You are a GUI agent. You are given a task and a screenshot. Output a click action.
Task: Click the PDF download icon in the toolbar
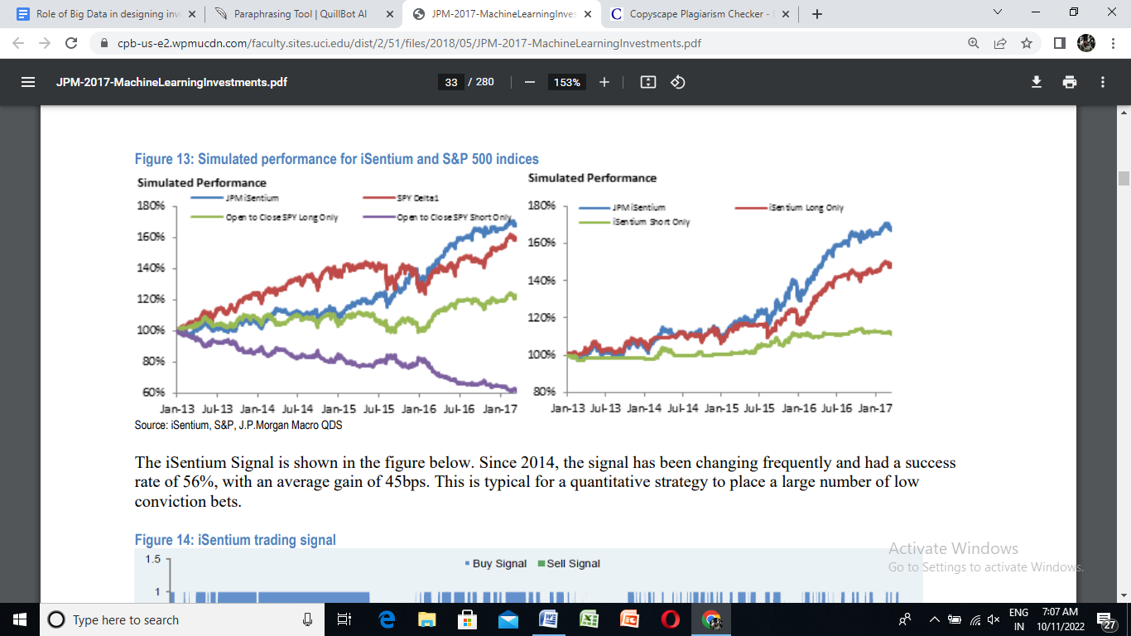pos(1036,82)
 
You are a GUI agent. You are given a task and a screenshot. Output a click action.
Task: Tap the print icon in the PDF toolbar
pos(1070,82)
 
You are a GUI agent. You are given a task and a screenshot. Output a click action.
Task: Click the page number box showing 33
pos(450,82)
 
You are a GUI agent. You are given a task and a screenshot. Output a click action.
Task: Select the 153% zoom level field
pos(567,82)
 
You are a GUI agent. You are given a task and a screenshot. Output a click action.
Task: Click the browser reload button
pos(71,43)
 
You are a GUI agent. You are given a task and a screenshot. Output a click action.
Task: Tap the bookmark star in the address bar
pos(1027,43)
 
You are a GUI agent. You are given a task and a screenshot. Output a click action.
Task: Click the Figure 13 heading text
pos(336,159)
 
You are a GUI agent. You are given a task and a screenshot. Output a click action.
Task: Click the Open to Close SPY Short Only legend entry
pos(453,217)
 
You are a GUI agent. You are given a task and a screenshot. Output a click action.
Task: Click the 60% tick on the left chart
pos(152,393)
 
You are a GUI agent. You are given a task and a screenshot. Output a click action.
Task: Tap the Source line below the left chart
pos(238,425)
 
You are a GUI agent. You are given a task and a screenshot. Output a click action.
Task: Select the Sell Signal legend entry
pos(573,564)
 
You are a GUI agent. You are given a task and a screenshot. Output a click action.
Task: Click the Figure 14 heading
pos(235,540)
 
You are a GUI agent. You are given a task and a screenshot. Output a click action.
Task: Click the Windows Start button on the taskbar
pos(20,619)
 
